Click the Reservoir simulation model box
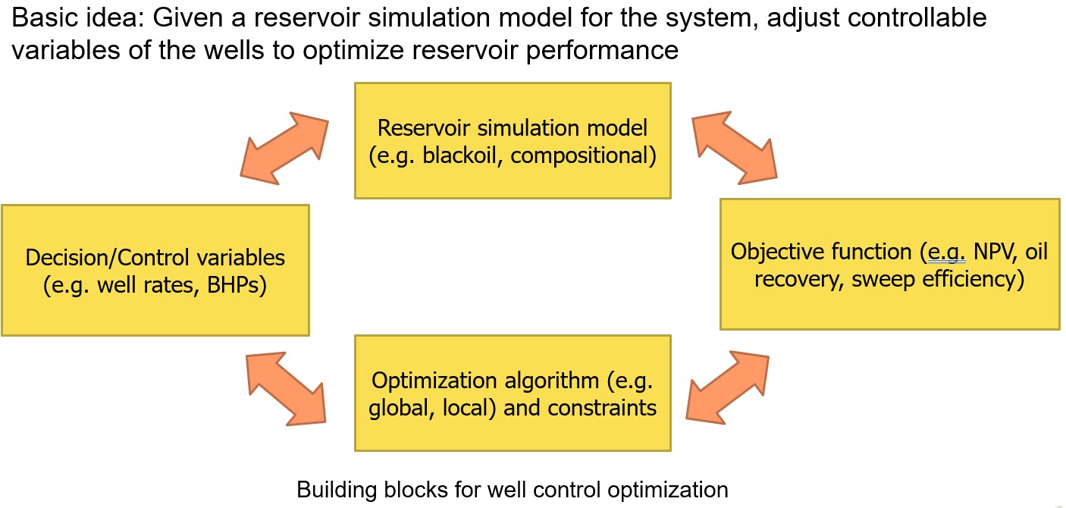(513, 140)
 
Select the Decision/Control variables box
(155, 270)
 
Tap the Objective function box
(889, 264)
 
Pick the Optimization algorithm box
(513, 393)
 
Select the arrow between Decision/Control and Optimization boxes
(286, 387)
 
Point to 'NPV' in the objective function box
(995, 251)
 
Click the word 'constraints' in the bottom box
(604, 408)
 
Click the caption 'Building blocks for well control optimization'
(513, 489)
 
